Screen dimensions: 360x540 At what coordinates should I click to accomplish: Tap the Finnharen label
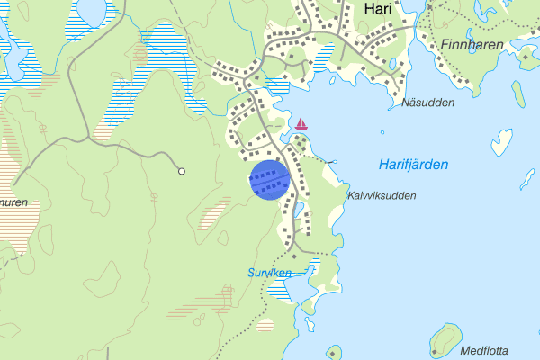[x=472, y=44]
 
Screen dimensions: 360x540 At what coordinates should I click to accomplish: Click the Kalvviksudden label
[x=382, y=195]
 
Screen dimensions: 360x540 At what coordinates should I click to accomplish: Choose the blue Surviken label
[x=269, y=272]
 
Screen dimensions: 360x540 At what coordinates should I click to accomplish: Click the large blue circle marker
[x=269, y=180]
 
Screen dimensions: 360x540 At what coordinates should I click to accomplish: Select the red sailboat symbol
[x=301, y=122]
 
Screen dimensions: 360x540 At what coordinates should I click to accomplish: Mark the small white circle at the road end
[x=182, y=171]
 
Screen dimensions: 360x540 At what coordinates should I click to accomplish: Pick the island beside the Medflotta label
[x=445, y=339]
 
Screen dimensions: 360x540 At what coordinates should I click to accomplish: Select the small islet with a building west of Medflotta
[x=333, y=352]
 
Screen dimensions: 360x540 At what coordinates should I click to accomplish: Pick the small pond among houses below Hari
[x=392, y=63]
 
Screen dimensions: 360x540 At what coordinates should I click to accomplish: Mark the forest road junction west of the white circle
[x=90, y=141]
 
